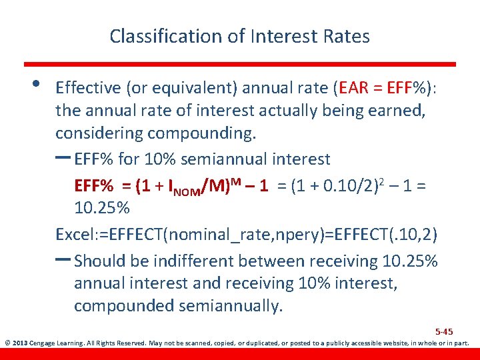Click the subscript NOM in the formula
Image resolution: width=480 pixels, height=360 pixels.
tap(190, 192)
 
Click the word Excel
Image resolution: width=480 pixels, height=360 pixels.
tap(75, 235)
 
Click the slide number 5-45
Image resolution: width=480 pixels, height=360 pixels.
tap(444, 331)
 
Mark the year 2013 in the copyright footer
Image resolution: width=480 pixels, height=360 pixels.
tap(21, 344)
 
